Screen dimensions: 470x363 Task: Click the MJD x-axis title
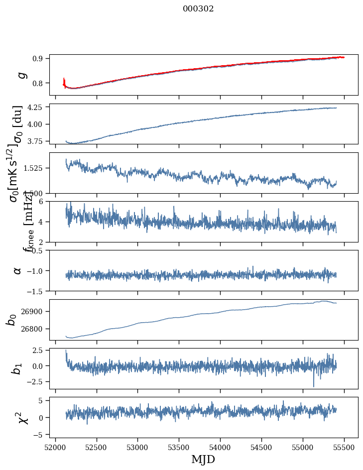pos(203,459)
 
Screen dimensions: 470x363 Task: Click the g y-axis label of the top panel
pos(21,75)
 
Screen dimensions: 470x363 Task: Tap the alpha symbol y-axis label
pos(17,270)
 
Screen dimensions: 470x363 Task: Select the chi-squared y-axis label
pos(22,417)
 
